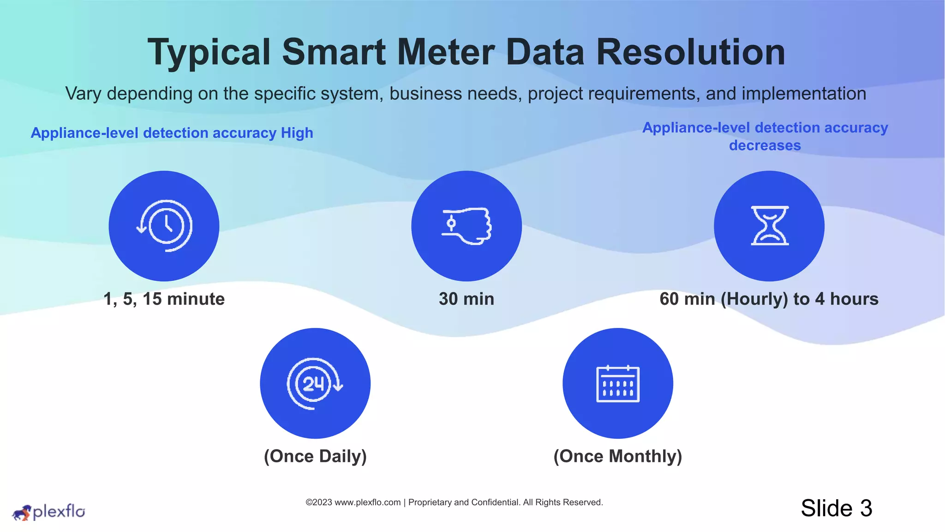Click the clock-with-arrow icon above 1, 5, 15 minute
pos(164,226)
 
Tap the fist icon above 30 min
pos(467,226)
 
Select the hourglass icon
pos(769,226)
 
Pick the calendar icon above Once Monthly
pos(618,383)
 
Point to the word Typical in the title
pos(209,52)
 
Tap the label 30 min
pos(467,299)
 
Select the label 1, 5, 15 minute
pos(164,299)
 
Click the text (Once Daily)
pos(315,456)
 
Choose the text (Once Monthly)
pos(618,456)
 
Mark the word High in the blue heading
pos(297,133)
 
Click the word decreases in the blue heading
pos(765,145)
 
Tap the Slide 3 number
pos(837,508)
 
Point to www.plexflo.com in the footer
pos(368,502)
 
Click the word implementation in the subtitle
pos(804,94)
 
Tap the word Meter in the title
pos(446,52)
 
